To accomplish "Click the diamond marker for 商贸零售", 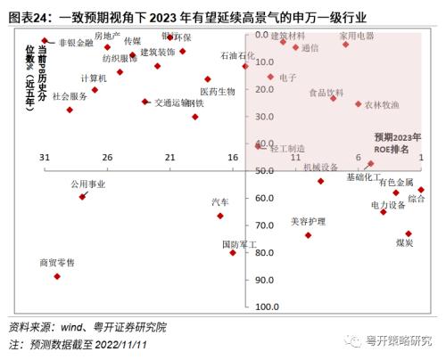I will (x=57, y=276).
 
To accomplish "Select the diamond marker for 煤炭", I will (x=409, y=233).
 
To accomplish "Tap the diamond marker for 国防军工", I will (x=233, y=253).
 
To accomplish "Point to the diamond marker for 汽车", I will (x=220, y=216).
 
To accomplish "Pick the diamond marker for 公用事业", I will (x=82, y=196).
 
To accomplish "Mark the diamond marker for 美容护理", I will (x=308, y=235).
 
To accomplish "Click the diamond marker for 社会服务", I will (x=70, y=110).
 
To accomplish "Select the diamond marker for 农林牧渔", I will (x=359, y=103).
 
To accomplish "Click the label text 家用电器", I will (x=357, y=36).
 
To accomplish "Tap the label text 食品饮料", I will (x=326, y=92).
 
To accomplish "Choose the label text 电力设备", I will (x=388, y=204).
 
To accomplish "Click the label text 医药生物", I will (x=218, y=91).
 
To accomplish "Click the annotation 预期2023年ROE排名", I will (x=397, y=143).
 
